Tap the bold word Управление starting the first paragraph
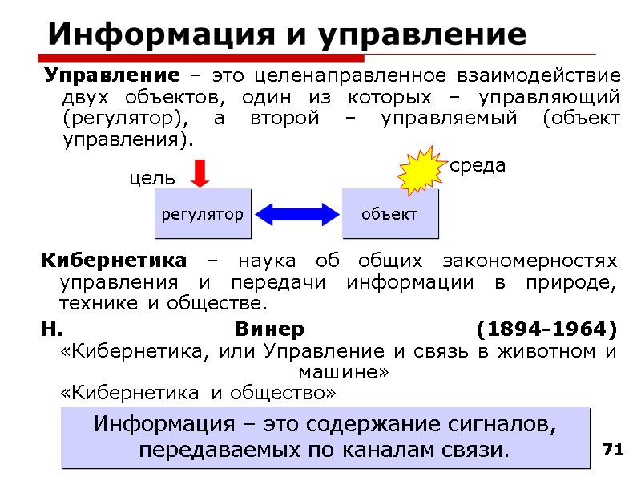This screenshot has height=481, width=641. point(111,76)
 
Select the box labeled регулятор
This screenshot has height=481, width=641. point(203,214)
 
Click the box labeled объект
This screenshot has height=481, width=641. point(389,214)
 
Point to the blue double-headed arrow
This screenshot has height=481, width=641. point(296,214)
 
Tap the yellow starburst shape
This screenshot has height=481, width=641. point(421,172)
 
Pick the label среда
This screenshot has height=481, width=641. point(478,166)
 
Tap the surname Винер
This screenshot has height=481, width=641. point(270,330)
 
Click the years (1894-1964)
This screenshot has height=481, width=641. point(546,330)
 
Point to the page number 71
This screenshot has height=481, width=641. point(613,450)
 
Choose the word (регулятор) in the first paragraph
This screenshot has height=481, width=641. point(115,118)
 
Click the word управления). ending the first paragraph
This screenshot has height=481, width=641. point(128,139)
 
